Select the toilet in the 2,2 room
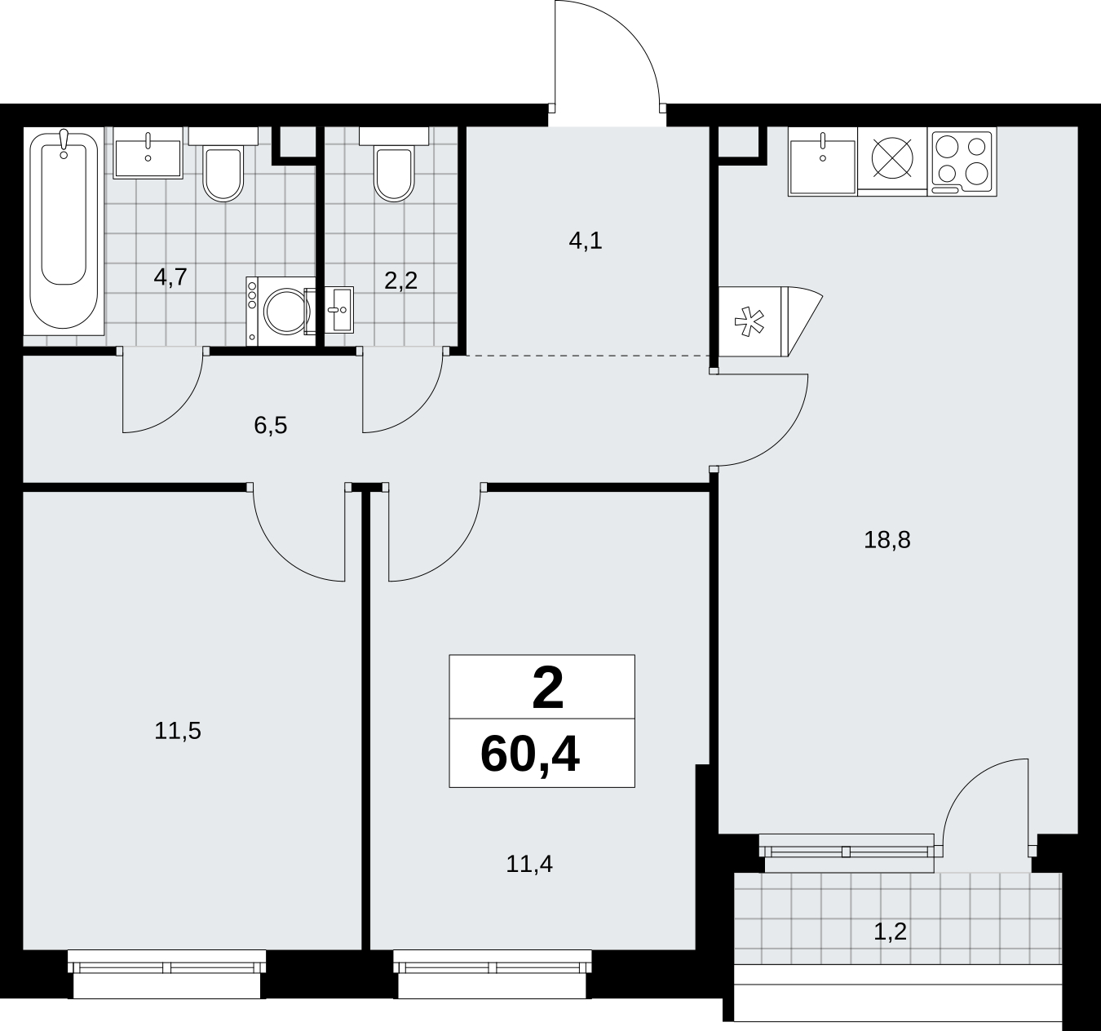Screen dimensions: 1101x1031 coord(394,171)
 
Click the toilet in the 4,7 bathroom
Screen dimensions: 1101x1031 coord(223,171)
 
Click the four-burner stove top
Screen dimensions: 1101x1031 coord(962,162)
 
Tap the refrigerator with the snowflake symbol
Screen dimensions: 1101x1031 coord(771,321)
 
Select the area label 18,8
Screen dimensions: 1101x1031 coord(887,540)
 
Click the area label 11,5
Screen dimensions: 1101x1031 coord(178,731)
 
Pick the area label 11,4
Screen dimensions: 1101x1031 coord(529,864)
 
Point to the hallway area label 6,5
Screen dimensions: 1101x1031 coord(271,426)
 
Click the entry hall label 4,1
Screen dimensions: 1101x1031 coord(586,241)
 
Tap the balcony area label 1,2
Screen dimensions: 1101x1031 coord(891,932)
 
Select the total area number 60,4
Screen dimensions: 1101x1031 coord(530,754)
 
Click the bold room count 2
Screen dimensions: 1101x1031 coord(548,688)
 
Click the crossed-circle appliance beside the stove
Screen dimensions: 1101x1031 coord(892,157)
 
